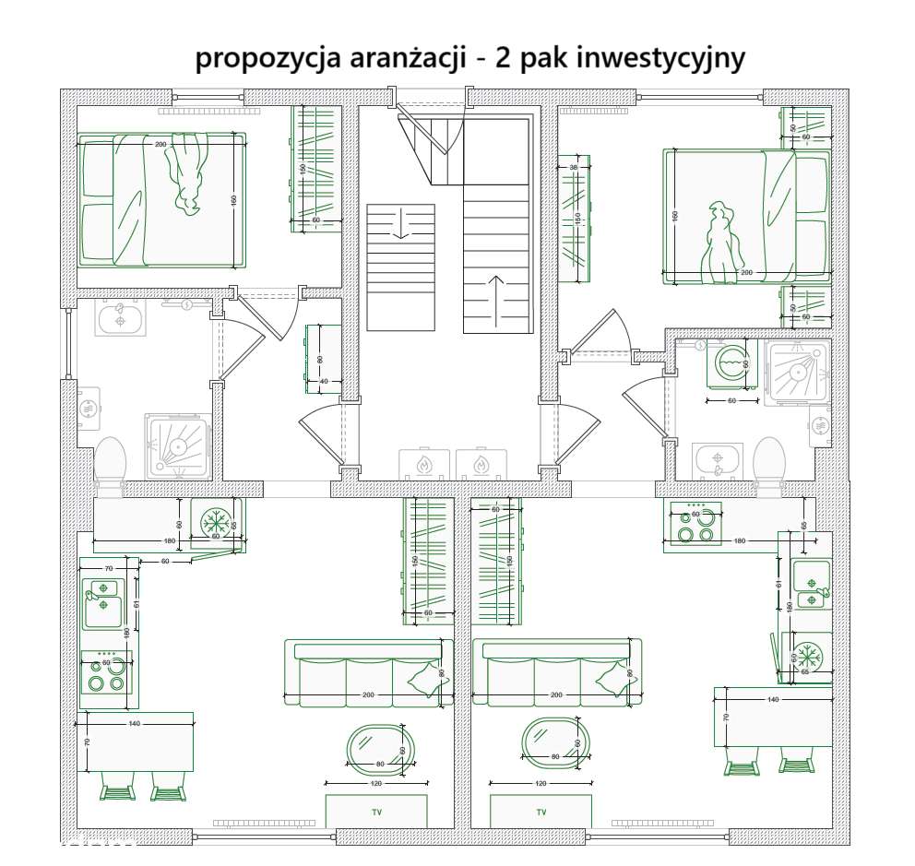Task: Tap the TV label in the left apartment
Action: pos(376,813)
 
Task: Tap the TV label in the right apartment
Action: pos(541,813)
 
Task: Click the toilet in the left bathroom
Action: pos(111,458)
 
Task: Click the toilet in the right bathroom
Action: pos(768,458)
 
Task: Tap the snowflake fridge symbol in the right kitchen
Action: pos(809,658)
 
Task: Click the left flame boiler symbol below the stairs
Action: pos(423,464)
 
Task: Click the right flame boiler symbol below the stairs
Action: pos(478,464)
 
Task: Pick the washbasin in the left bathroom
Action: pos(119,321)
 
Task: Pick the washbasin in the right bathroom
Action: pos(718,459)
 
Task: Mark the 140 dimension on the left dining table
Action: pos(135,724)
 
